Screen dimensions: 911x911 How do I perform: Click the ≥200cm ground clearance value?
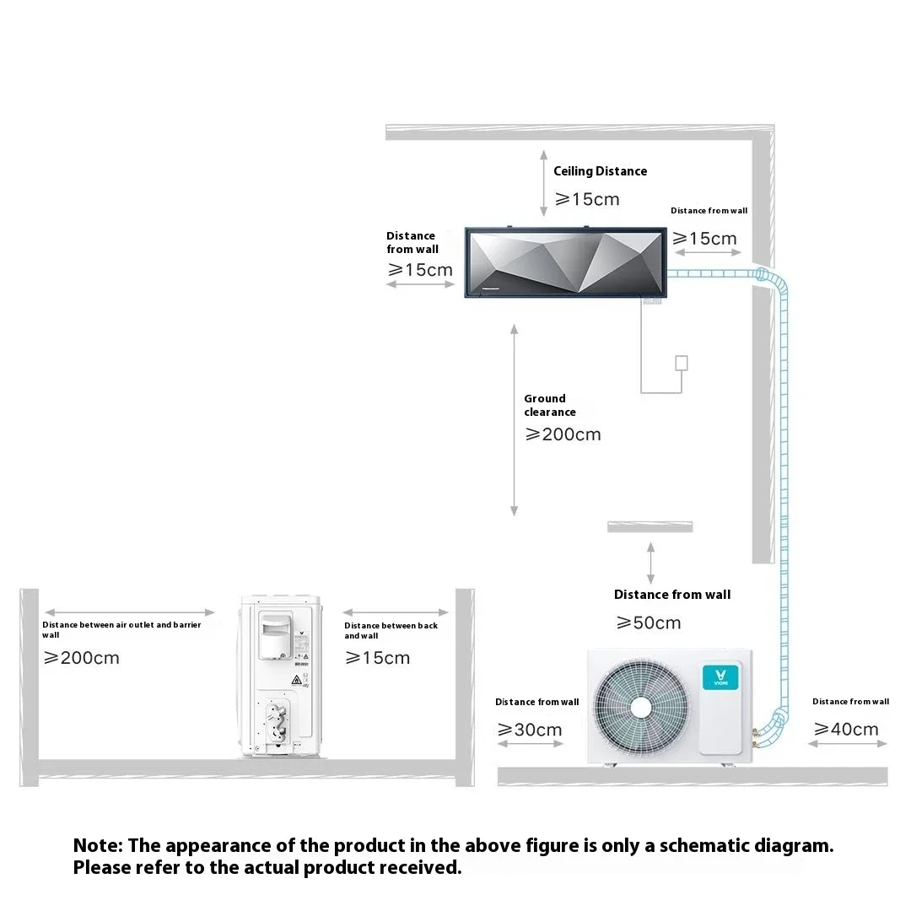tap(563, 434)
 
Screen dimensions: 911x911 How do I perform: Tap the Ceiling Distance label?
tap(600, 171)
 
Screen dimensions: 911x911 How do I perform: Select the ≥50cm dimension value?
tap(649, 623)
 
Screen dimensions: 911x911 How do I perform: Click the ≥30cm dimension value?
tap(530, 730)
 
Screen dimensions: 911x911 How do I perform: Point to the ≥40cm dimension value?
tap(846, 730)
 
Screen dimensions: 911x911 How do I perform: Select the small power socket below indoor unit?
tap(682, 363)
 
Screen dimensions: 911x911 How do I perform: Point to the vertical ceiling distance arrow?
tap(544, 186)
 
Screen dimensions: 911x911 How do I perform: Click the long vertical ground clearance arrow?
tap(515, 420)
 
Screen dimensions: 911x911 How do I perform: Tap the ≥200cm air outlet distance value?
tap(82, 658)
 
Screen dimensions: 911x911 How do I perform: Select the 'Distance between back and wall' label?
tap(391, 630)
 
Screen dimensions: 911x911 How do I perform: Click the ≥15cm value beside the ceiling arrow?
tap(587, 200)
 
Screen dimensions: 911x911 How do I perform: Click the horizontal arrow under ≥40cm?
tap(848, 744)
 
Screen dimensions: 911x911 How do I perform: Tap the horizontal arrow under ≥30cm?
tap(530, 744)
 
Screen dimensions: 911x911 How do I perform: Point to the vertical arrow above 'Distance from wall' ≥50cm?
tap(650, 563)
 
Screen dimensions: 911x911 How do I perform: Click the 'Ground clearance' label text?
tap(549, 405)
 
